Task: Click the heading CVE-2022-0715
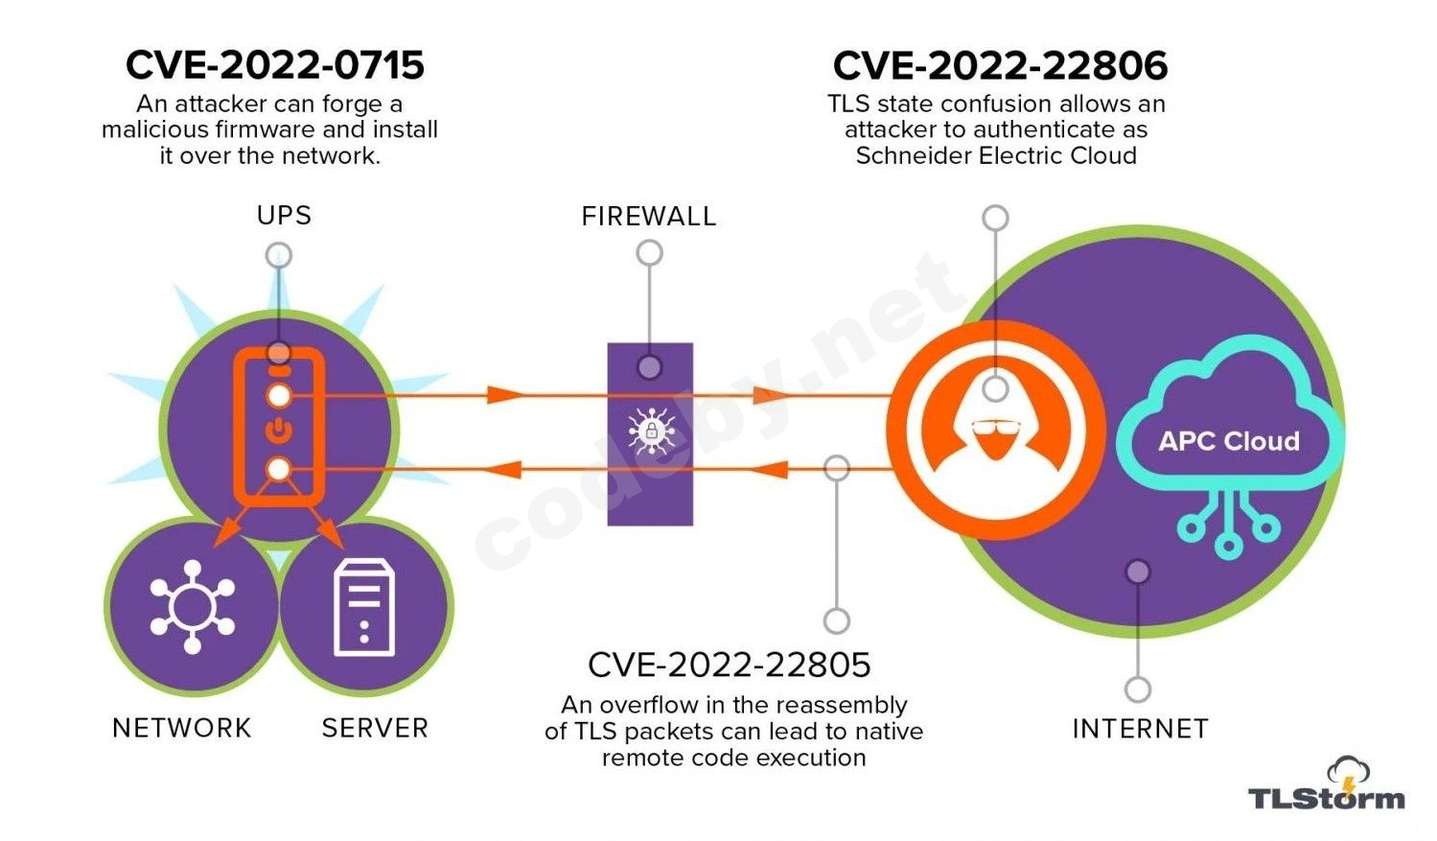[x=275, y=65]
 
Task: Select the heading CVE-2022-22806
[x=1000, y=65]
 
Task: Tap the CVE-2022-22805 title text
[x=729, y=665]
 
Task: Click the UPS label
[x=284, y=215]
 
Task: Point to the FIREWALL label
[x=649, y=216]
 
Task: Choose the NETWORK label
[x=181, y=728]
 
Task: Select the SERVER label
[x=375, y=728]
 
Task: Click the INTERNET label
[x=1140, y=729]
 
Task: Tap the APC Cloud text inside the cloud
[x=1229, y=441]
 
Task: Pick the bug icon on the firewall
[x=651, y=431]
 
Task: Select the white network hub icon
[x=192, y=607]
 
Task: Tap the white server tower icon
[x=363, y=609]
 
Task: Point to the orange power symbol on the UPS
[x=278, y=431]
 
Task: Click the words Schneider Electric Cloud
[x=996, y=155]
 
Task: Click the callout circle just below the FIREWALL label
[x=649, y=253]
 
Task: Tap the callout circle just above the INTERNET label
[x=1138, y=689]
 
